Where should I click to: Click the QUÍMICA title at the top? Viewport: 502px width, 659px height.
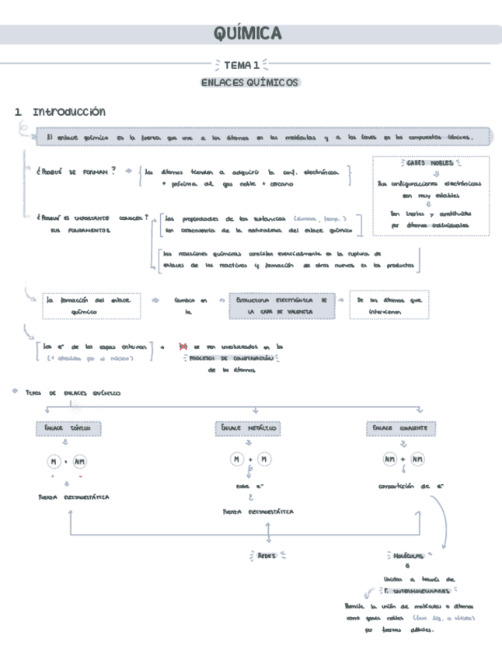point(247,34)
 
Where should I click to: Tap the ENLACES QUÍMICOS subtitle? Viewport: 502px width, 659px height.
point(249,82)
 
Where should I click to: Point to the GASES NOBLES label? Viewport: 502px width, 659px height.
point(430,163)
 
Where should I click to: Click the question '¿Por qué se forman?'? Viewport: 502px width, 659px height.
point(75,171)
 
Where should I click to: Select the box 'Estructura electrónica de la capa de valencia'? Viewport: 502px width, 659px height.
point(281,305)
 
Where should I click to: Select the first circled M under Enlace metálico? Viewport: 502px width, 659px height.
point(237,460)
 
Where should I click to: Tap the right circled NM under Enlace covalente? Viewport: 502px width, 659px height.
point(417,460)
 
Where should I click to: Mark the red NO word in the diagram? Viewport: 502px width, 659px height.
point(183,347)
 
